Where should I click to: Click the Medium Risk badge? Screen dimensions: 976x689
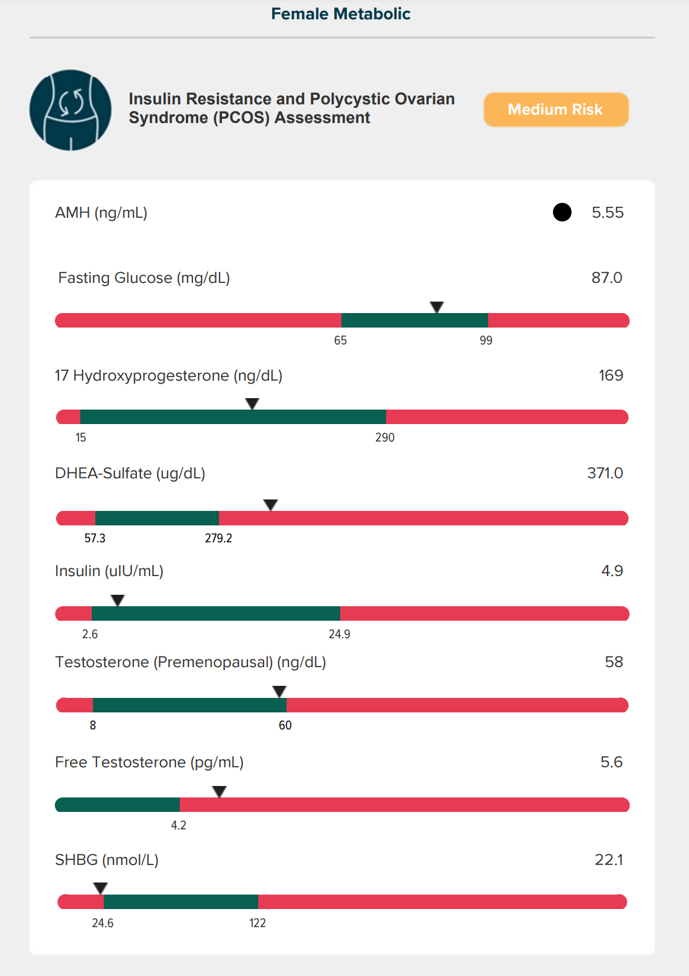556,110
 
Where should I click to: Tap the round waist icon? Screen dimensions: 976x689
71,110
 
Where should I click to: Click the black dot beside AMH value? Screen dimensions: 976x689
562,212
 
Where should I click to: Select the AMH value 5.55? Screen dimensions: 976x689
607,212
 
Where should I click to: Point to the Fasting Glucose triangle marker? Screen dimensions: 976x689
437,307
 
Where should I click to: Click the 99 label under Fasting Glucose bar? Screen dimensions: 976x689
486,341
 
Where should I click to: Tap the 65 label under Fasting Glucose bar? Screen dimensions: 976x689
340,341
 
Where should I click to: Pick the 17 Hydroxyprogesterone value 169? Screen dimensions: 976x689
610,375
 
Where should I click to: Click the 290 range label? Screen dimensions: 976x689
384,438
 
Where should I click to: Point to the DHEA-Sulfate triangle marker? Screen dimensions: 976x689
270,504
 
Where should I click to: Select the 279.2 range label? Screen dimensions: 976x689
218,538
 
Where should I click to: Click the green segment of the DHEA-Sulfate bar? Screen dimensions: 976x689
157,518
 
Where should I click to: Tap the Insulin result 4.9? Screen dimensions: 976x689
612,571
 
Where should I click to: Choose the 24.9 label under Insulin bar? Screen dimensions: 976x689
339,635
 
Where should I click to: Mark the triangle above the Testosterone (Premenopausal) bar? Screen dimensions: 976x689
279,691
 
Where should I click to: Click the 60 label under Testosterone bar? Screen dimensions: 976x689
285,726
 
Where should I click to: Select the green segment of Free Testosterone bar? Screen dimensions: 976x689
118,805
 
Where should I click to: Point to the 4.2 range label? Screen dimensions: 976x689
179,826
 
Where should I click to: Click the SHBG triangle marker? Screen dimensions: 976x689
100,888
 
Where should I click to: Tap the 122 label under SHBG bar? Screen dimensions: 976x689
258,924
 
